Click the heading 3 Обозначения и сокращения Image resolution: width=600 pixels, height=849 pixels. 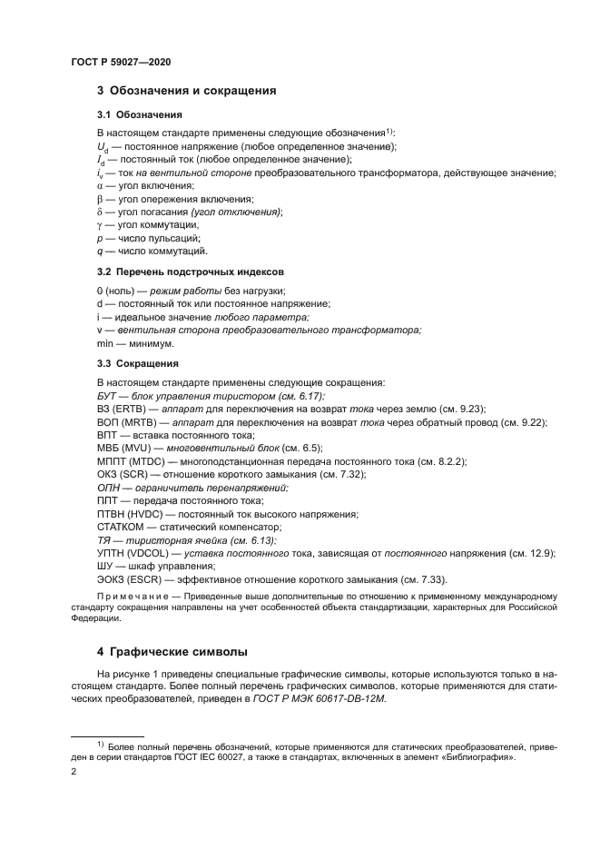click(x=186, y=91)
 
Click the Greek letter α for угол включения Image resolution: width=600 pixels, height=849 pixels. click(x=100, y=185)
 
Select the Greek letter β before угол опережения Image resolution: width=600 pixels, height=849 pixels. click(x=100, y=198)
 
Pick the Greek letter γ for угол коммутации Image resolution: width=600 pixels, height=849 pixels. click(x=100, y=224)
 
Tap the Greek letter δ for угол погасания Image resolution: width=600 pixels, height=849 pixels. click(x=100, y=212)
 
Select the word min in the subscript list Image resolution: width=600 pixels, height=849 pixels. click(x=104, y=344)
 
